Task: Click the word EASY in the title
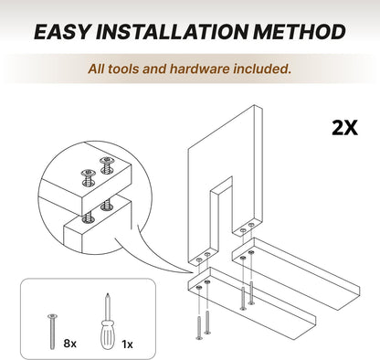pyautogui.click(x=63, y=32)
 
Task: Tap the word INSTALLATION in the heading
pyautogui.click(x=172, y=32)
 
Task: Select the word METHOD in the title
pyautogui.click(x=300, y=32)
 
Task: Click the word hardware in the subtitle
pyautogui.click(x=200, y=69)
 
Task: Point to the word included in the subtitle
pyautogui.click(x=262, y=69)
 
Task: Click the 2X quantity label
pyautogui.click(x=344, y=128)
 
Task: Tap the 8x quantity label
pyautogui.click(x=70, y=344)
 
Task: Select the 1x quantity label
pyautogui.click(x=127, y=344)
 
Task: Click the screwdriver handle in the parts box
pyautogui.click(x=107, y=334)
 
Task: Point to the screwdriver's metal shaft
pyautogui.click(x=107, y=306)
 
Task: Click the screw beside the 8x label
pyautogui.click(x=52, y=332)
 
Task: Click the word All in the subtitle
pyautogui.click(x=96, y=69)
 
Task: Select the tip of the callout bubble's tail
pyautogui.click(x=193, y=273)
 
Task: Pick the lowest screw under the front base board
pyautogui.click(x=199, y=328)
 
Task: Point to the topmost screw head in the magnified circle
pyautogui.click(x=107, y=161)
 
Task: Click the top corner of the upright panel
pyautogui.click(x=255, y=105)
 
